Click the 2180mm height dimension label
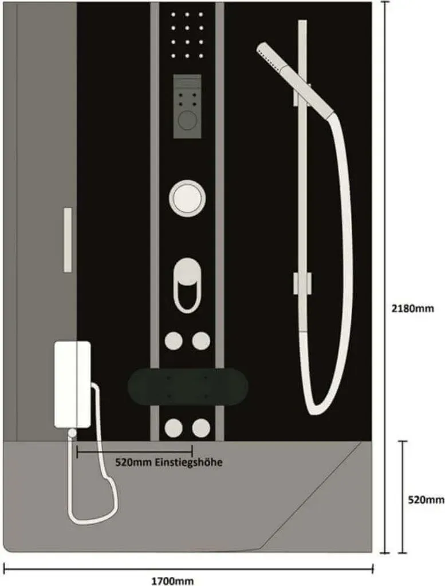(x=412, y=308)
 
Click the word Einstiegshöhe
(x=189, y=462)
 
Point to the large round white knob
(x=187, y=198)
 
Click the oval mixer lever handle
(x=187, y=271)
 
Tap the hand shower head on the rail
(x=295, y=79)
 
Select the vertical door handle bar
(x=68, y=240)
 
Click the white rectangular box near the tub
(x=73, y=385)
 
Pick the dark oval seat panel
(x=188, y=387)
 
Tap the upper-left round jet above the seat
(x=174, y=340)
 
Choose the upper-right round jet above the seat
(x=201, y=340)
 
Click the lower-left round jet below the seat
(x=174, y=428)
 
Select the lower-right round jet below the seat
(x=201, y=428)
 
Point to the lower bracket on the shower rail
(x=302, y=283)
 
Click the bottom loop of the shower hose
(x=313, y=407)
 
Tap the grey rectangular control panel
(x=187, y=106)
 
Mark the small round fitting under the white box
(x=72, y=433)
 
